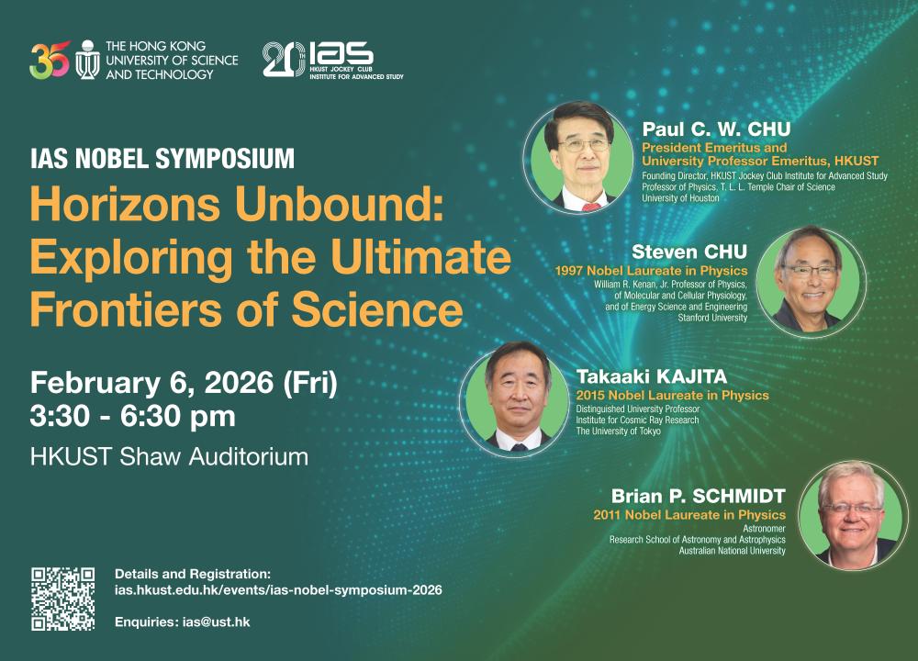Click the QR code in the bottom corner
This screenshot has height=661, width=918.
[63, 599]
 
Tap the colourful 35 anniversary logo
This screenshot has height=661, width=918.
[49, 61]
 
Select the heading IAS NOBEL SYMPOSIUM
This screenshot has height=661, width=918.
[162, 158]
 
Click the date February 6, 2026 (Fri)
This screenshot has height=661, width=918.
[184, 382]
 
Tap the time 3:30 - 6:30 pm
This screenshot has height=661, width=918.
[132, 416]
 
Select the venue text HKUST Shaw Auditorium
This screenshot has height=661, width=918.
[168, 456]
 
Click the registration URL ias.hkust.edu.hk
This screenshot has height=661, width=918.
[278, 589]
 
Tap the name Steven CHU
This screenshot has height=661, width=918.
[689, 252]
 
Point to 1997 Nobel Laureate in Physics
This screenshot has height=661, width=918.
[652, 272]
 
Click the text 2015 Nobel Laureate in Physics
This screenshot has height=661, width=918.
[672, 396]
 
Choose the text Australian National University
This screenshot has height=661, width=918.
[732, 551]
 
